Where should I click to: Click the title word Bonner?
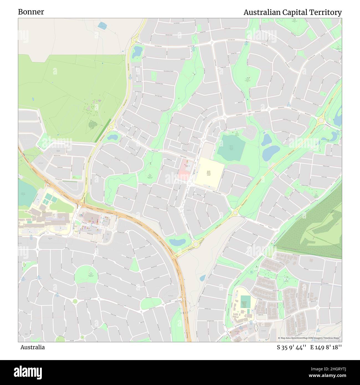click(x=31, y=12)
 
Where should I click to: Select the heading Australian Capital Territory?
click(x=292, y=12)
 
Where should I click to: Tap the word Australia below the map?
click(x=32, y=347)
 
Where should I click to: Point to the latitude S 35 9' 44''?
click(x=291, y=347)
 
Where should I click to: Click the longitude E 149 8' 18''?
click(x=326, y=347)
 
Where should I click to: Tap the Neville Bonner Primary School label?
click(x=209, y=173)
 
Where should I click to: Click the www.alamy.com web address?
click(x=327, y=375)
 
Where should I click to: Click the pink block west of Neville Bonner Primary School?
click(x=184, y=170)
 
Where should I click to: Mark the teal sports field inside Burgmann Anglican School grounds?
click(x=245, y=301)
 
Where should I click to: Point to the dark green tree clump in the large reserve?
click(x=92, y=125)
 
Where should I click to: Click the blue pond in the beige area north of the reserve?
click(x=102, y=26)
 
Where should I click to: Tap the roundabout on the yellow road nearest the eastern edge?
click(x=321, y=120)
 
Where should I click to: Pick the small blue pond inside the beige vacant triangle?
click(x=203, y=278)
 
